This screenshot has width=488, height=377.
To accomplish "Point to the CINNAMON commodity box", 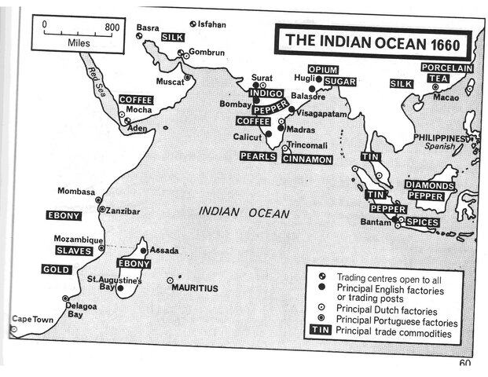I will point(307,159).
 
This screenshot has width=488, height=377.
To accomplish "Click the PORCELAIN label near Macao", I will point(446,68).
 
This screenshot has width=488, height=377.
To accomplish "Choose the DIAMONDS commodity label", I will point(429,185).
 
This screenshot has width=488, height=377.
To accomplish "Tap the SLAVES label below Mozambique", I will point(74,251).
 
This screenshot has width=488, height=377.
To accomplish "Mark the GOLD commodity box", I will point(57,269).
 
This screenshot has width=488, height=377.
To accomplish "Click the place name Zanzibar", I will point(123,211).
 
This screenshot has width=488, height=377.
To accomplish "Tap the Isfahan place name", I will point(211,24).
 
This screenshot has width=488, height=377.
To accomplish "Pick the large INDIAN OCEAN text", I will point(244,212).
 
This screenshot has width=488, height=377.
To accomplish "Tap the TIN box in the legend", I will point(319,332).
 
